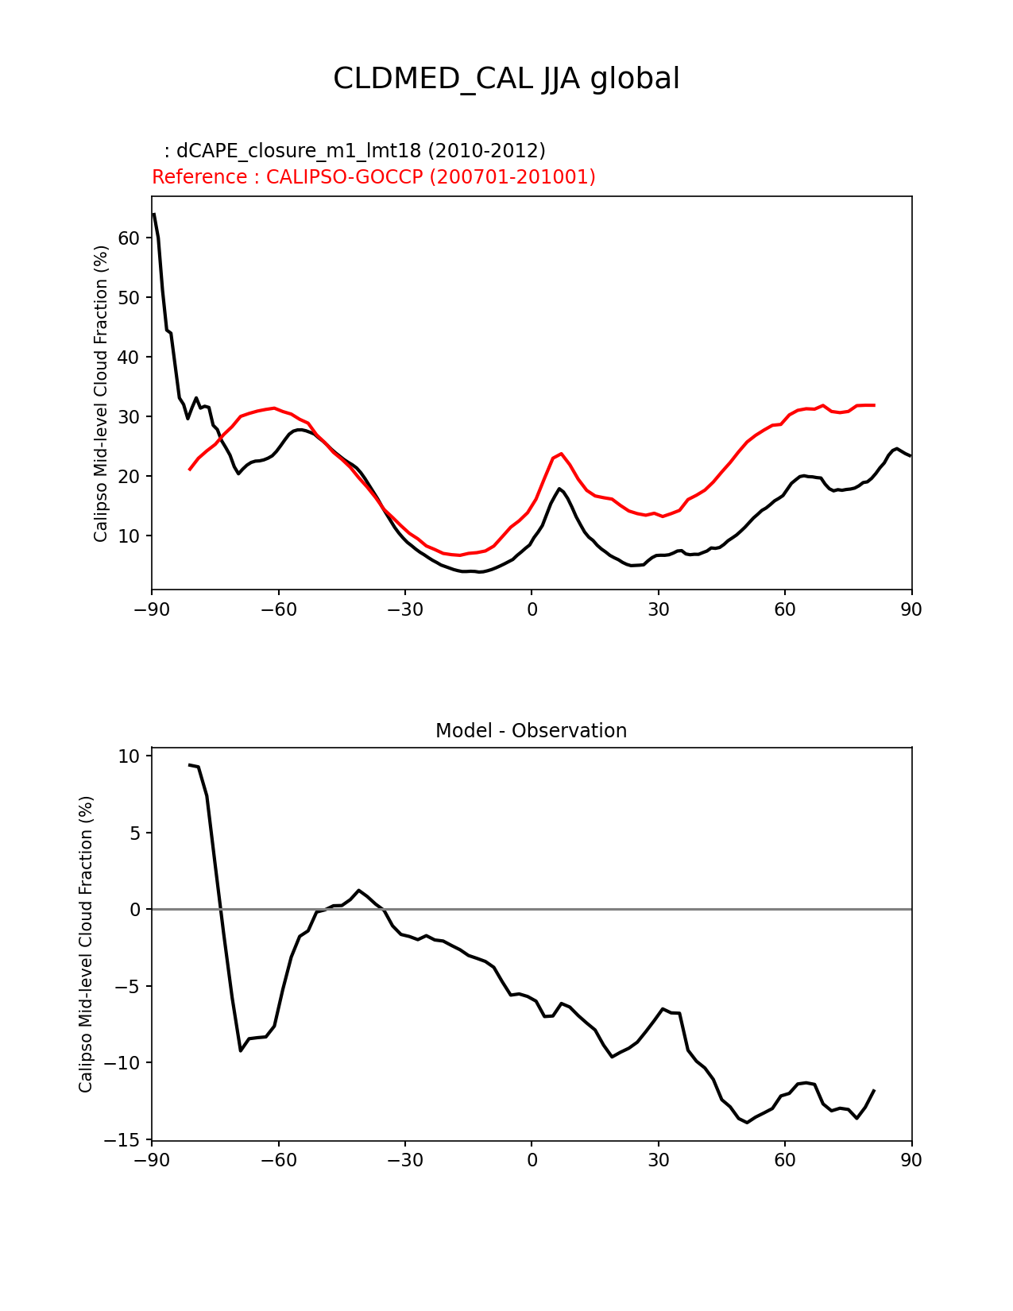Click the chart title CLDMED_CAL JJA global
[x=506, y=79]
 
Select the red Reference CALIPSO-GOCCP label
[x=373, y=177]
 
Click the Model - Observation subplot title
[x=531, y=731]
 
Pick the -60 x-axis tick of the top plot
[x=278, y=609]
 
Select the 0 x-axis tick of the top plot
[x=532, y=609]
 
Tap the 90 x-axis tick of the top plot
[x=911, y=609]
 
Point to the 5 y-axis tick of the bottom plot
[x=134, y=833]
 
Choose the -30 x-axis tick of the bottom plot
[x=404, y=1161]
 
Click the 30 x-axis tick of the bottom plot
[x=658, y=1161]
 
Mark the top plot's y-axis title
[x=101, y=393]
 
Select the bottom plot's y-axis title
[x=86, y=944]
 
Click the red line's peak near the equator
[x=561, y=454]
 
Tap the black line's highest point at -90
[x=153, y=214]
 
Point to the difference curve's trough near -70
[x=241, y=1050]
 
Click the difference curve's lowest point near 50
[x=747, y=1122]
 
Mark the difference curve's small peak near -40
[x=359, y=891]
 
